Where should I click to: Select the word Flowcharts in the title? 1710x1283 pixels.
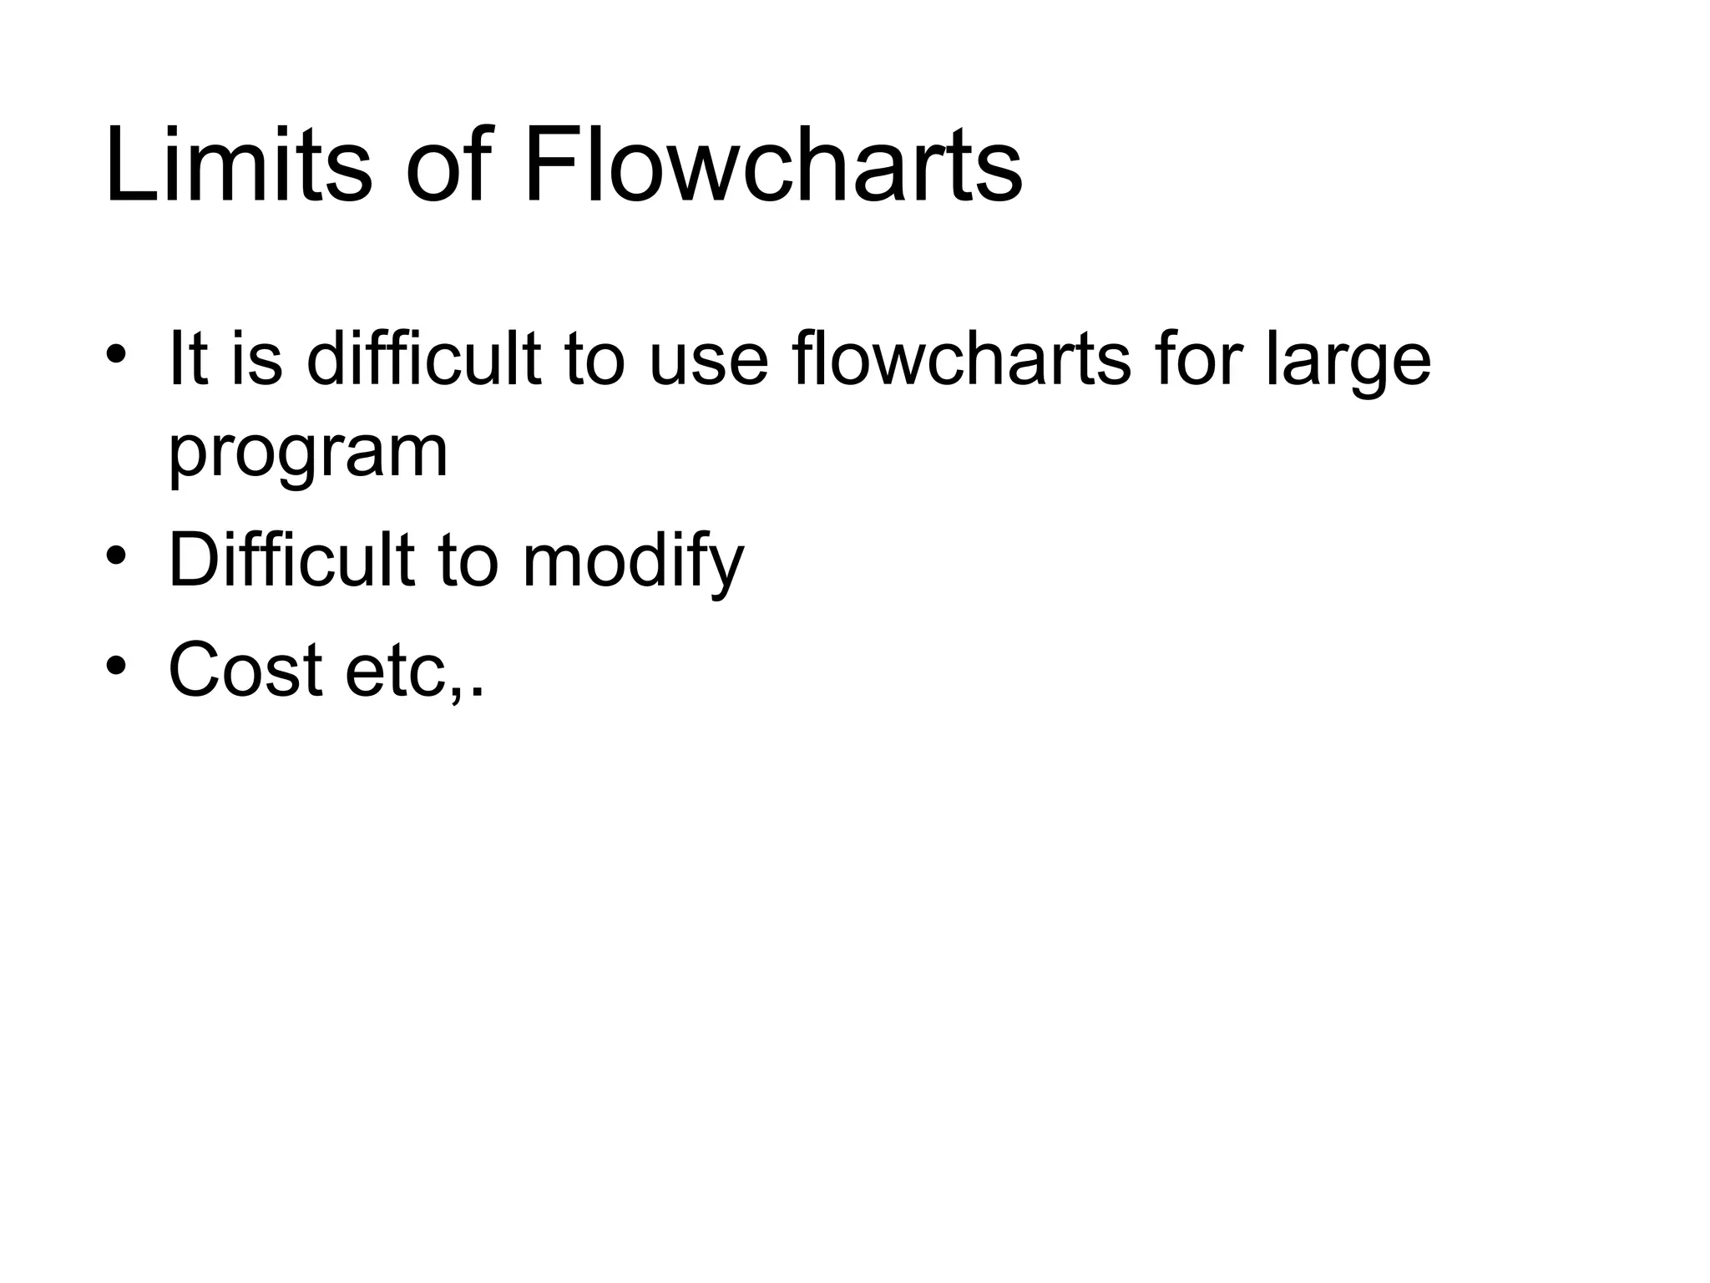[x=772, y=164]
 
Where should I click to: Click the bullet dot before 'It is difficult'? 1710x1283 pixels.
[x=116, y=352]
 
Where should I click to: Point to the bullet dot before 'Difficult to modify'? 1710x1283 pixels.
[x=116, y=554]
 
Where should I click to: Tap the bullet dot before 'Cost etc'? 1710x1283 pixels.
[x=116, y=665]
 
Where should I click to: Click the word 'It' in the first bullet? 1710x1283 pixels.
[x=188, y=359]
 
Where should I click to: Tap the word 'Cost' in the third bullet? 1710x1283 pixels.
[x=245, y=670]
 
